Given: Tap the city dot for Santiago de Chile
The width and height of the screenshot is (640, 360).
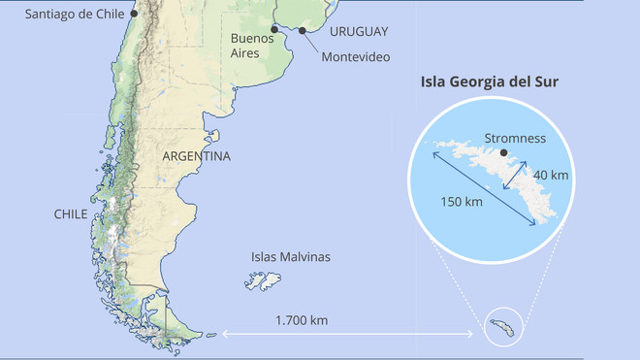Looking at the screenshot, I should click(x=134, y=15).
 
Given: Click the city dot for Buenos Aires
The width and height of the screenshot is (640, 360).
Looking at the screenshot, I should click(x=275, y=29).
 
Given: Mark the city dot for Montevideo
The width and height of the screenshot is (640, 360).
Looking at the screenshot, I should click(x=303, y=31).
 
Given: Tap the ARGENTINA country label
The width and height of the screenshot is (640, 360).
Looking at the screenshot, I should click(x=196, y=156).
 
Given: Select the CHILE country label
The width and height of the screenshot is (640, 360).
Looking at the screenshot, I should click(x=71, y=213).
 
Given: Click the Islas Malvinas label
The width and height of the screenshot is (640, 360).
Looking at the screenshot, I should click(x=291, y=257).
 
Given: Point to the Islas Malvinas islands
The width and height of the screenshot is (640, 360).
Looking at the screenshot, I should click(x=262, y=281).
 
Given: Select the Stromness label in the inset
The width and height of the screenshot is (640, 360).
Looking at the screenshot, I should click(x=514, y=138).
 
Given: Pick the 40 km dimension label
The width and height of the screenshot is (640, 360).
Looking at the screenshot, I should click(x=551, y=175).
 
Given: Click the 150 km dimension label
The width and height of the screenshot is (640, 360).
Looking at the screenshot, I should click(x=461, y=201).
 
